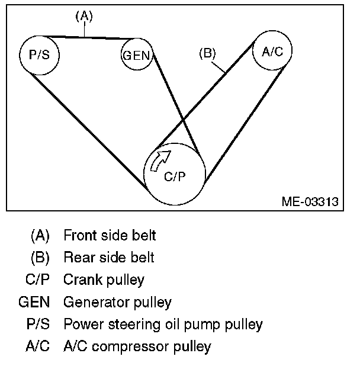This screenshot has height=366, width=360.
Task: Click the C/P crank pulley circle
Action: pos(175,174)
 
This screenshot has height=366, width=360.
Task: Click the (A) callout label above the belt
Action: pos(84,17)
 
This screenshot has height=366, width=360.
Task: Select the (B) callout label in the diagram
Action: pos(207,53)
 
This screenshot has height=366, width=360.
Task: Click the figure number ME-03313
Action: pos(310,201)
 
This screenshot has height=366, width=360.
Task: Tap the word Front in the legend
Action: pos(79,236)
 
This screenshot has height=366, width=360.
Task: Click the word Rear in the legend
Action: pos(78,258)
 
